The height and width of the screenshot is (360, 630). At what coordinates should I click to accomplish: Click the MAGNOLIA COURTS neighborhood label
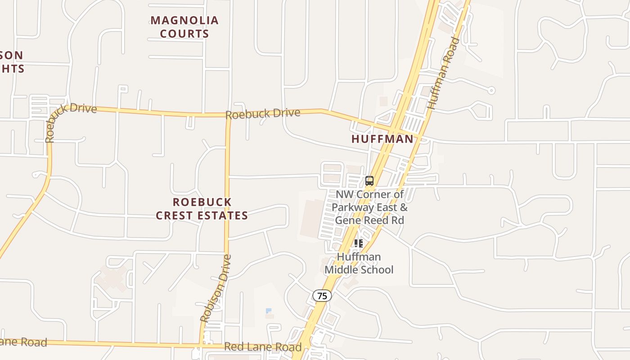pyautogui.click(x=184, y=27)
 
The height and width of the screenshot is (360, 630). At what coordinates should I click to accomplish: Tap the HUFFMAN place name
pyautogui.click(x=382, y=139)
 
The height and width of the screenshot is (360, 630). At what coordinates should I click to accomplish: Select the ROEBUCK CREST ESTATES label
pyautogui.click(x=202, y=209)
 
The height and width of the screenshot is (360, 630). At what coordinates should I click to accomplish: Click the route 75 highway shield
pyautogui.click(x=322, y=296)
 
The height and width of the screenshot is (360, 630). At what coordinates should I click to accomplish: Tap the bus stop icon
pyautogui.click(x=369, y=181)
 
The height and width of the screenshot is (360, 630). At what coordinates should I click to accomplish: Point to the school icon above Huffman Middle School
pyautogui.click(x=359, y=243)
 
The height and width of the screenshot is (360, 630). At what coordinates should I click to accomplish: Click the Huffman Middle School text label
pyautogui.click(x=359, y=263)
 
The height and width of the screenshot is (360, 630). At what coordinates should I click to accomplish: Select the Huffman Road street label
pyautogui.click(x=443, y=73)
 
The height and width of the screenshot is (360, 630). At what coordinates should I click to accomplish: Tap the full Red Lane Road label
pyautogui.click(x=263, y=347)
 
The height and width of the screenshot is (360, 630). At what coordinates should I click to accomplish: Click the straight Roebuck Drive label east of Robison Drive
pyautogui.click(x=263, y=113)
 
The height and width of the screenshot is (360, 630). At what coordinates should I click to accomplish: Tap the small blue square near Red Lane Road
pyautogui.click(x=269, y=310)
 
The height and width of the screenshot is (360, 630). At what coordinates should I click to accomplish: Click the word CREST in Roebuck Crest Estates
pyautogui.click(x=179, y=216)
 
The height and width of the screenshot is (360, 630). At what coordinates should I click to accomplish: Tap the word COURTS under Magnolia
pyautogui.click(x=184, y=34)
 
